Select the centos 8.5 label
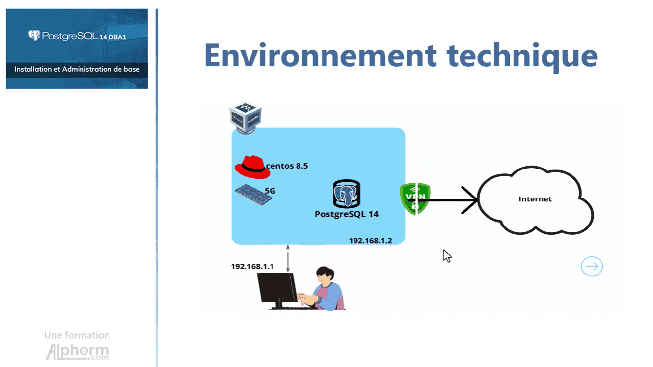287,166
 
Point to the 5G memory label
270,190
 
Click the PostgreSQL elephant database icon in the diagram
346,194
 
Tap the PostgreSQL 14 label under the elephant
346,214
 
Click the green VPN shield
415,198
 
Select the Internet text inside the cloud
535,199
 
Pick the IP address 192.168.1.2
370,241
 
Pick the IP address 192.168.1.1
252,267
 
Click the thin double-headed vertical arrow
288,258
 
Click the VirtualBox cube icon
245,117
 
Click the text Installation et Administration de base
77,69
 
